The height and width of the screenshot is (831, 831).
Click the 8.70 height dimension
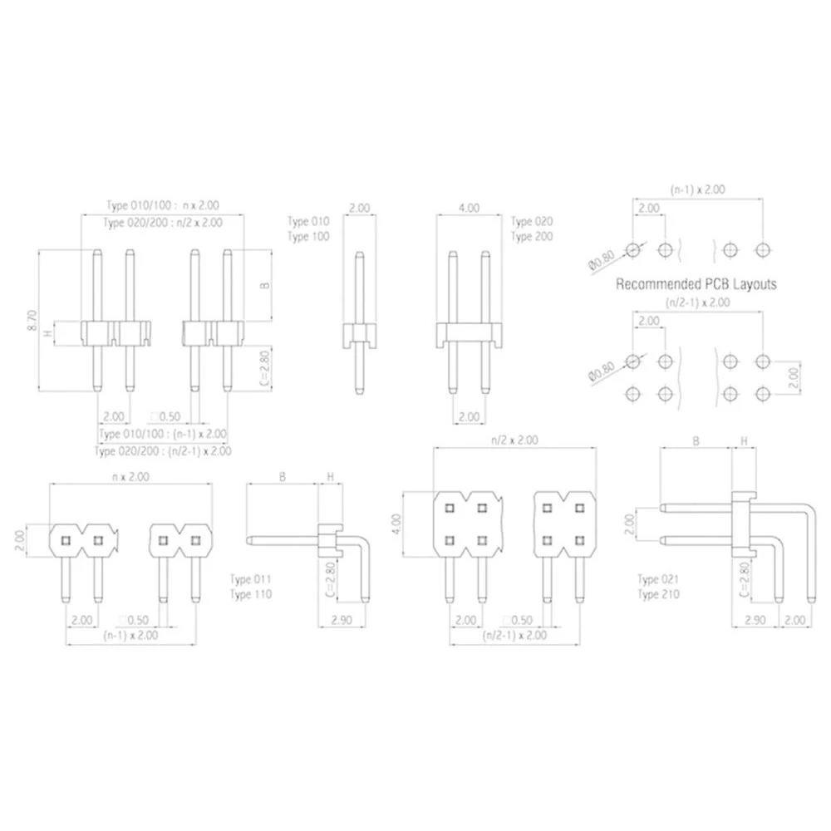32,322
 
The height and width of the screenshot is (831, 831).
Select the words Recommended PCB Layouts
696,284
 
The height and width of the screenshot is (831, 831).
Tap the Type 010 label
308,222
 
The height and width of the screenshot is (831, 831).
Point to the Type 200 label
532,237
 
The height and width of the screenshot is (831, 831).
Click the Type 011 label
250,579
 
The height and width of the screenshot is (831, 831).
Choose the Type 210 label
658,594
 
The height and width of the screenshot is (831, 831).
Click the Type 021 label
658,579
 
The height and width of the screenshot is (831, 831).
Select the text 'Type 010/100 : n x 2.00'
163,205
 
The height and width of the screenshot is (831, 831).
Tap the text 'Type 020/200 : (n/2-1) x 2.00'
163,450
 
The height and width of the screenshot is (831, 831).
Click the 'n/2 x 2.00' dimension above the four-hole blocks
515,440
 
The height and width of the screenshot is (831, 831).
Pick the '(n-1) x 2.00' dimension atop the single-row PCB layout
697,189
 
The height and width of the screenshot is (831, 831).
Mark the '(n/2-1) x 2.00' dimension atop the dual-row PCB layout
697,302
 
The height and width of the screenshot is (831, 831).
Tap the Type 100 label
308,237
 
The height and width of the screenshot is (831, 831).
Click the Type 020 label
532,222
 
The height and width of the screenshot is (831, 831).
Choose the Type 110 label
250,594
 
